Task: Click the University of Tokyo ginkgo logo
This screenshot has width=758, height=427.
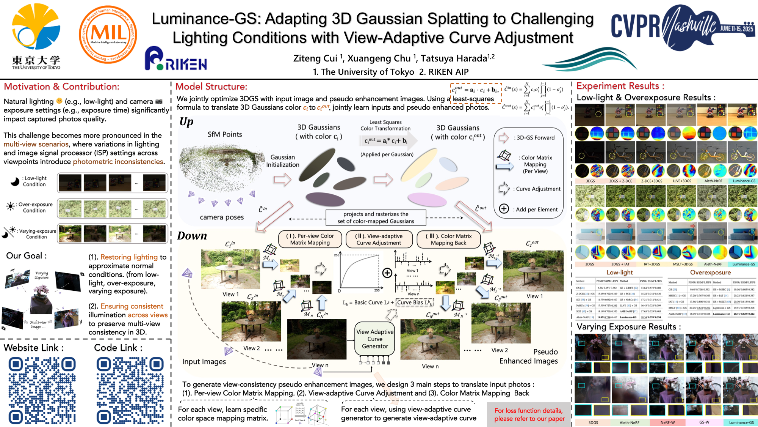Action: pyautogui.click(x=36, y=28)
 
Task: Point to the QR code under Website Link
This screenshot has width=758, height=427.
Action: pyautogui.click(x=42, y=391)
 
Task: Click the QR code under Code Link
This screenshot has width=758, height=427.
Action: pyautogui.click(x=130, y=391)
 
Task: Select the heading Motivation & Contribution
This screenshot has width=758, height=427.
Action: pyautogui.click(x=61, y=87)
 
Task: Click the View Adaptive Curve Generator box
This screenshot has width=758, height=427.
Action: pyautogui.click(x=374, y=339)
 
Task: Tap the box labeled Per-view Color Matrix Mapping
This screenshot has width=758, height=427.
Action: pyautogui.click(x=310, y=239)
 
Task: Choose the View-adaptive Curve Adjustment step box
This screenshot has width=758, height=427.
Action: pyautogui.click(x=379, y=239)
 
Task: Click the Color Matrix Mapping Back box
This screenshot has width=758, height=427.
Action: pyautogui.click(x=448, y=239)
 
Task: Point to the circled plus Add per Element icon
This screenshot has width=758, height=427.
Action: pyautogui.click(x=504, y=209)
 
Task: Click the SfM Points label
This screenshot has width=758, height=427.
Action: pyautogui.click(x=225, y=134)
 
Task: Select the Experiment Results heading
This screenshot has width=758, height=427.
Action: pyautogui.click(x=620, y=86)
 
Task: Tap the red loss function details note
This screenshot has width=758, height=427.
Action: pyautogui.click(x=529, y=414)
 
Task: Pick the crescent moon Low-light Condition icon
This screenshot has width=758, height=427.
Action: pyautogui.click(x=15, y=182)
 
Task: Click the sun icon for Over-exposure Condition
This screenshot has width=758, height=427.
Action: pyautogui.click(x=10, y=206)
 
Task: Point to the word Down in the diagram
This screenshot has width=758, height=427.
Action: pyautogui.click(x=192, y=236)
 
